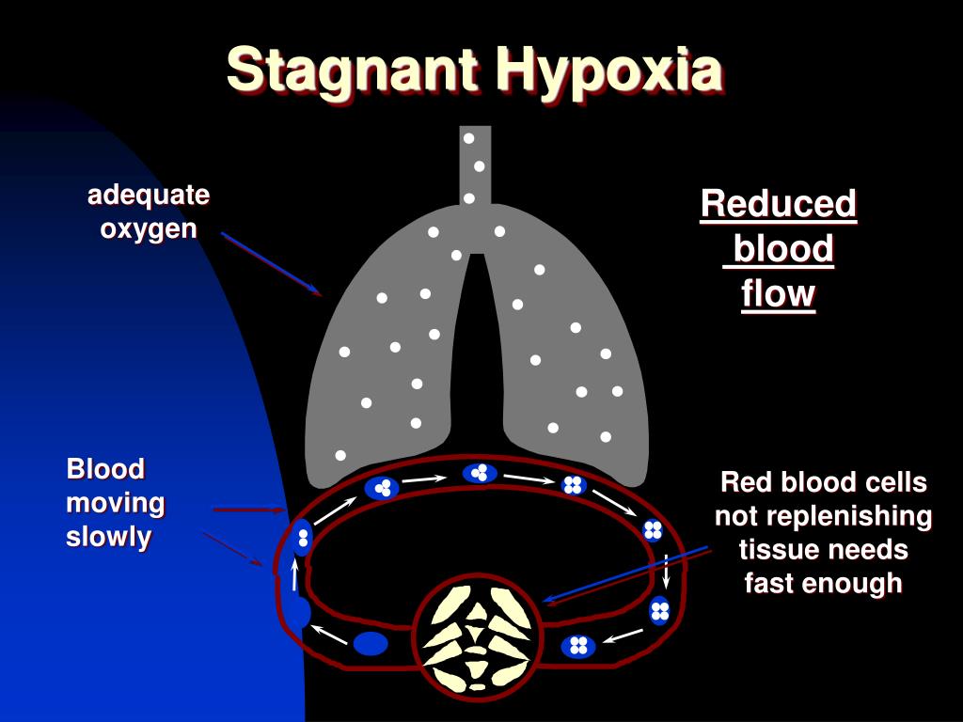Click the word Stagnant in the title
pos(354,70)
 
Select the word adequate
pos(149,196)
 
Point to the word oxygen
pos(149,228)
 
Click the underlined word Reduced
pos(779,204)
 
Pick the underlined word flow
pos(778,293)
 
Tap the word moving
pos(116,504)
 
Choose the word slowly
pos(109,538)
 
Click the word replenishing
pos(823,516)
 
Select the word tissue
pos(778,549)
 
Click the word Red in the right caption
pos(739,483)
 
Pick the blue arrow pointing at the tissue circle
pos(625,573)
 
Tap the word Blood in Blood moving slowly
pos(105,469)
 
